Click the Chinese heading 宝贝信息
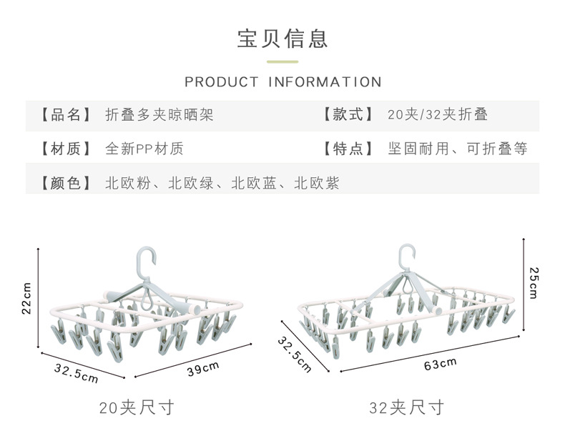pyautogui.click(x=282, y=39)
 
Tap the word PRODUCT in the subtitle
pyautogui.click(x=221, y=82)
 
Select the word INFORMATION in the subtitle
pyautogui.click(x=325, y=82)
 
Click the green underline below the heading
pyautogui.click(x=282, y=62)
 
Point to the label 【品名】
pyautogui.click(x=66, y=115)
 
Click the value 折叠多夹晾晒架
pyautogui.click(x=159, y=115)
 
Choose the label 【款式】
pyautogui.click(x=348, y=114)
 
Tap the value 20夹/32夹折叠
pyautogui.click(x=438, y=114)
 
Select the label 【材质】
pyautogui.click(x=66, y=149)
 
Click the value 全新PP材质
pyautogui.click(x=144, y=149)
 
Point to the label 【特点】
pyautogui.click(x=348, y=149)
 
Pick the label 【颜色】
pyautogui.click(x=66, y=183)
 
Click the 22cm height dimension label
pyautogui.click(x=27, y=298)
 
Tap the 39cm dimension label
pyautogui.click(x=203, y=368)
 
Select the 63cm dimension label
pyautogui.click(x=440, y=364)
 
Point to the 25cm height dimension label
pyautogui.click(x=534, y=283)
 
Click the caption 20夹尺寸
pyautogui.click(x=137, y=407)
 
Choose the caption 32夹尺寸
pyautogui.click(x=406, y=407)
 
